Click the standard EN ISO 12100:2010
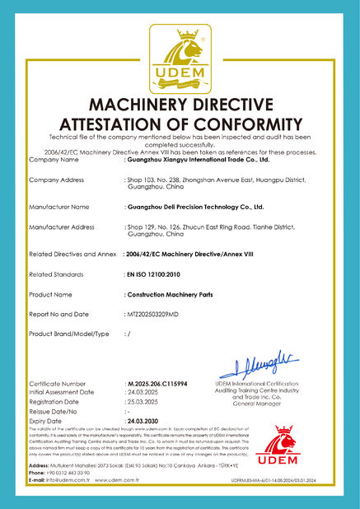[156, 273]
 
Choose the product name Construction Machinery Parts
[165, 293]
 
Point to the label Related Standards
[57, 273]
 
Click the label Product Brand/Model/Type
[69, 334]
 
